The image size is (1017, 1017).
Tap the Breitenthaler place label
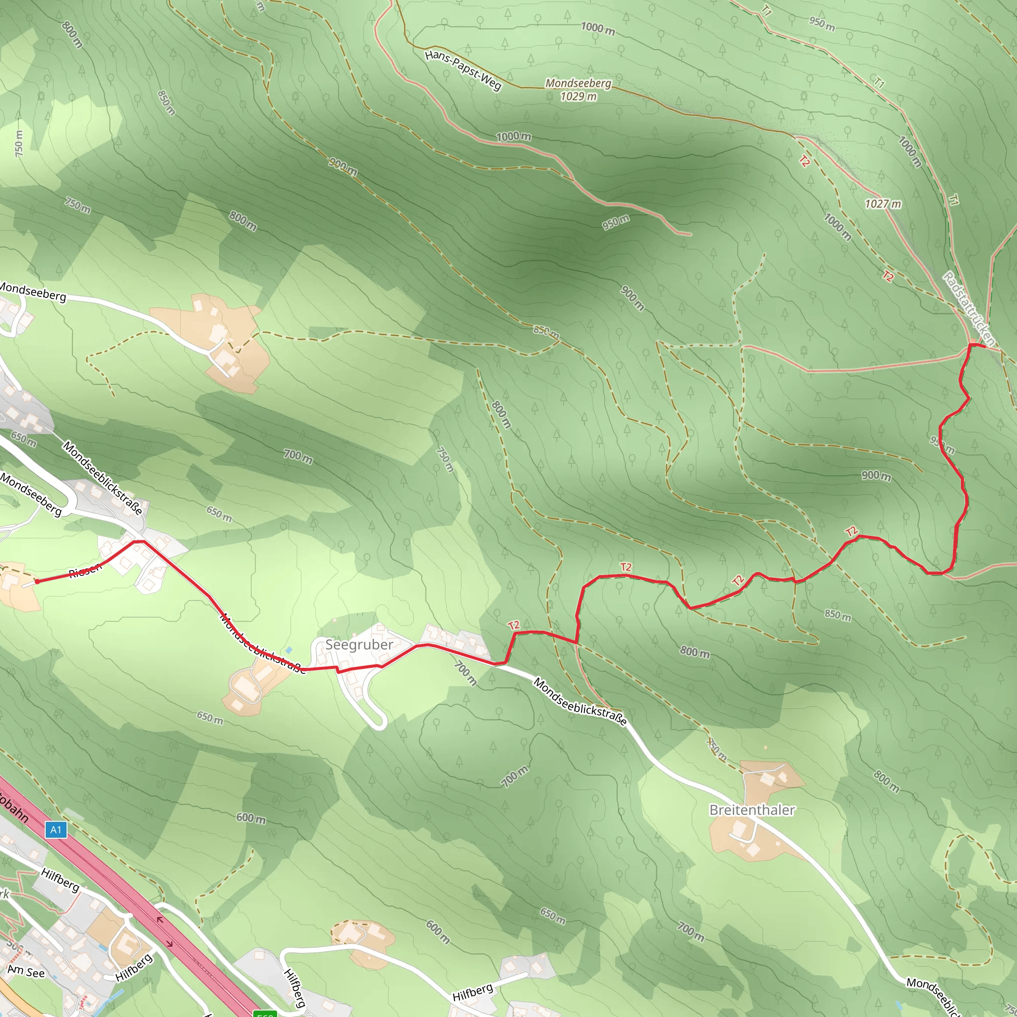(752, 809)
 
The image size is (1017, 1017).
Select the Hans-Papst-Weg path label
(463, 70)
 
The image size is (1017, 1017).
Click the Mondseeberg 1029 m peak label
(578, 89)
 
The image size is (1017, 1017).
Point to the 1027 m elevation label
(883, 204)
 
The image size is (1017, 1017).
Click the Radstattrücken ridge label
(968, 308)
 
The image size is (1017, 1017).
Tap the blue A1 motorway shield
(56, 830)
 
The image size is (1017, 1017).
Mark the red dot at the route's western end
(37, 581)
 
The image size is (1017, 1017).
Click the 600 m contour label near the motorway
(251, 818)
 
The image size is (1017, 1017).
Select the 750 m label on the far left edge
(19, 143)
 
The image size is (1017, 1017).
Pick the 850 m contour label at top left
(166, 103)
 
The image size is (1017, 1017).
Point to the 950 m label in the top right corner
(822, 24)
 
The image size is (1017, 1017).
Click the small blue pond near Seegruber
(289, 650)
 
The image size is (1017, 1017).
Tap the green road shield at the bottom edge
(265, 1014)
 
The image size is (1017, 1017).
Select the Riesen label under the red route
(85, 570)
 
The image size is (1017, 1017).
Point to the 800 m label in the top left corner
(72, 35)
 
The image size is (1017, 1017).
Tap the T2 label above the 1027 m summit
(804, 161)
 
